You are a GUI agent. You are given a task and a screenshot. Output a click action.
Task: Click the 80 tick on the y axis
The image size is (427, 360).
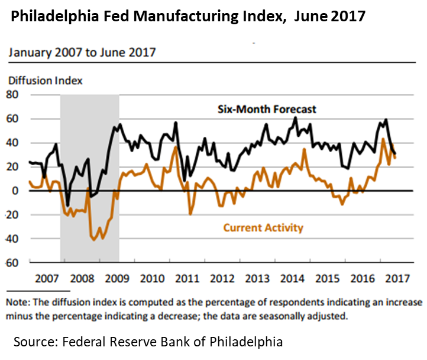pos(13,95)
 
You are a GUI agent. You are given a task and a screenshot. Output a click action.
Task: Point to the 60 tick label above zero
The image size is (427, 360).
pos(13,119)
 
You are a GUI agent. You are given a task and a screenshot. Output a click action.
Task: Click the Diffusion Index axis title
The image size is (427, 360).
pos(45,80)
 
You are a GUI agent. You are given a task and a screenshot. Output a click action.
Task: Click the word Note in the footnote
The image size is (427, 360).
pos(18,302)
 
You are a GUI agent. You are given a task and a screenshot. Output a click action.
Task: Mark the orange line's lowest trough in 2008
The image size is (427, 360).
pos(94,239)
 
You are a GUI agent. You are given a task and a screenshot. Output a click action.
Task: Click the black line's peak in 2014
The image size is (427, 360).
pos(296,117)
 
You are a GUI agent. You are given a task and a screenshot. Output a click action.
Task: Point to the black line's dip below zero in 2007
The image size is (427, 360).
pos(68,205)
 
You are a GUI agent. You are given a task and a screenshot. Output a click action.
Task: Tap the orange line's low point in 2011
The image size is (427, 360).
pos(190,214)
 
